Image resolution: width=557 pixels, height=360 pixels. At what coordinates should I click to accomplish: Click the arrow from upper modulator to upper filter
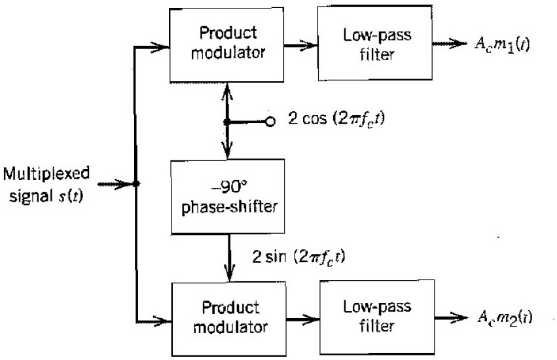301,46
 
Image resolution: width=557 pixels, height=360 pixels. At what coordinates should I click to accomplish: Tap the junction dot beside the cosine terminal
228,122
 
